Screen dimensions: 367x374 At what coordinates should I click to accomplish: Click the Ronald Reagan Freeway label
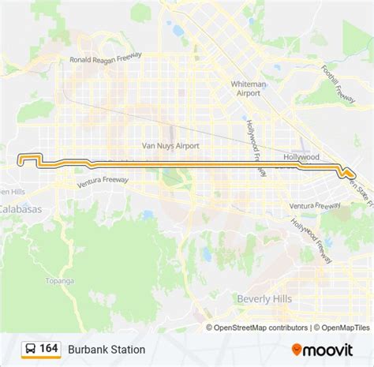[x=105, y=56]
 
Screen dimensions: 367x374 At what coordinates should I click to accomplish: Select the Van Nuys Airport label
[x=170, y=146]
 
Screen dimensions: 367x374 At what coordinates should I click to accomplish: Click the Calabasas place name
[x=21, y=209]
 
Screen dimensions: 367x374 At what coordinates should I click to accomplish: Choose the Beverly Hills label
[x=264, y=298]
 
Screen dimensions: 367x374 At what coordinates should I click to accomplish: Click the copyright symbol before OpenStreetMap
[x=210, y=328]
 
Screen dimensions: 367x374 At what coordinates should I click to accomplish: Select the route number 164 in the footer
[x=49, y=348]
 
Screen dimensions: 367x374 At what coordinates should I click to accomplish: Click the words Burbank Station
[x=107, y=349]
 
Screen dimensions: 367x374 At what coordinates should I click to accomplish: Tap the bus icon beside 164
[x=29, y=348]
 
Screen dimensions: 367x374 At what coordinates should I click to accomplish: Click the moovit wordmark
[x=329, y=348]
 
